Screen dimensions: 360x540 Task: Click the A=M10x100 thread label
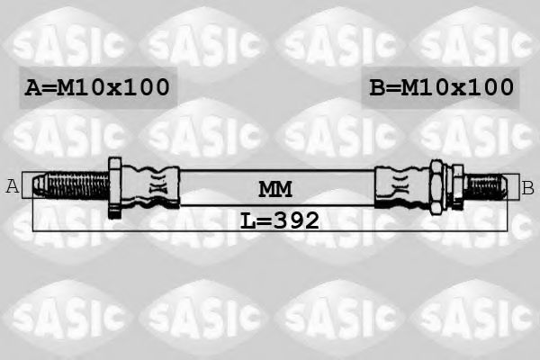[x=97, y=87]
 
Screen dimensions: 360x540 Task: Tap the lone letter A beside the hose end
[x=13, y=186]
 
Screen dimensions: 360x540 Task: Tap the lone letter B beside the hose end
[x=528, y=187]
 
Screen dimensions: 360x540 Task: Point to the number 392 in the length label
[x=294, y=220]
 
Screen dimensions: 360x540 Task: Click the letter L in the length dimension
[x=247, y=220]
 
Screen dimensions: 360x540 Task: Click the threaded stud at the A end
[x=76, y=187]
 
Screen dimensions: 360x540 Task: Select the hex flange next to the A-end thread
[x=115, y=187]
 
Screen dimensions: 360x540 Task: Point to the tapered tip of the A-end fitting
[x=38, y=186]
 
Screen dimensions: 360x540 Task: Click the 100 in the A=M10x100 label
[x=148, y=87]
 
